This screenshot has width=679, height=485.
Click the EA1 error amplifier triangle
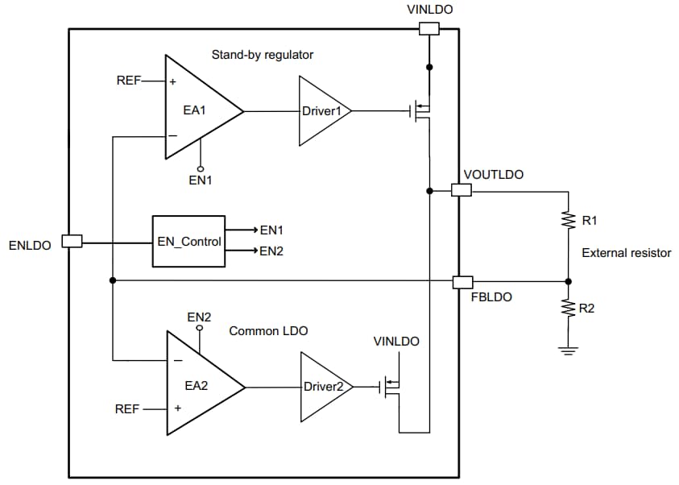pos(198,107)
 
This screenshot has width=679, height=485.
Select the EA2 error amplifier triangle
pos(200,386)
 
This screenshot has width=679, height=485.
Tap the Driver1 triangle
pos(323,111)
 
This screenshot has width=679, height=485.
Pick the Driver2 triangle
pos(325,387)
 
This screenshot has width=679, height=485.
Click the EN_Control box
pos(189,241)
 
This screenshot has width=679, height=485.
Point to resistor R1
pos(569,220)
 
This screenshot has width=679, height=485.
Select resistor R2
pos(569,308)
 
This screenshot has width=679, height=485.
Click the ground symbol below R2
pos(569,350)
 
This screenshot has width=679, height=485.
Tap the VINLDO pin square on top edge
pos(429,29)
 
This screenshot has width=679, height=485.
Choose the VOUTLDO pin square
pos(461,190)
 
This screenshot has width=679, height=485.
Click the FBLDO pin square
pos(462,281)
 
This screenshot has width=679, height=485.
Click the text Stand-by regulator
pos(263,56)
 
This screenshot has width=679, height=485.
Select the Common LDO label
pos(268,331)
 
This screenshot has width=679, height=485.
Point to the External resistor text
pos(626,253)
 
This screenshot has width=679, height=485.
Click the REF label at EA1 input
pos(129,81)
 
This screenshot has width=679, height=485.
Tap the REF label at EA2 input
pos(128,409)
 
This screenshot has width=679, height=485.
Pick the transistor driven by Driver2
pos(392,387)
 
